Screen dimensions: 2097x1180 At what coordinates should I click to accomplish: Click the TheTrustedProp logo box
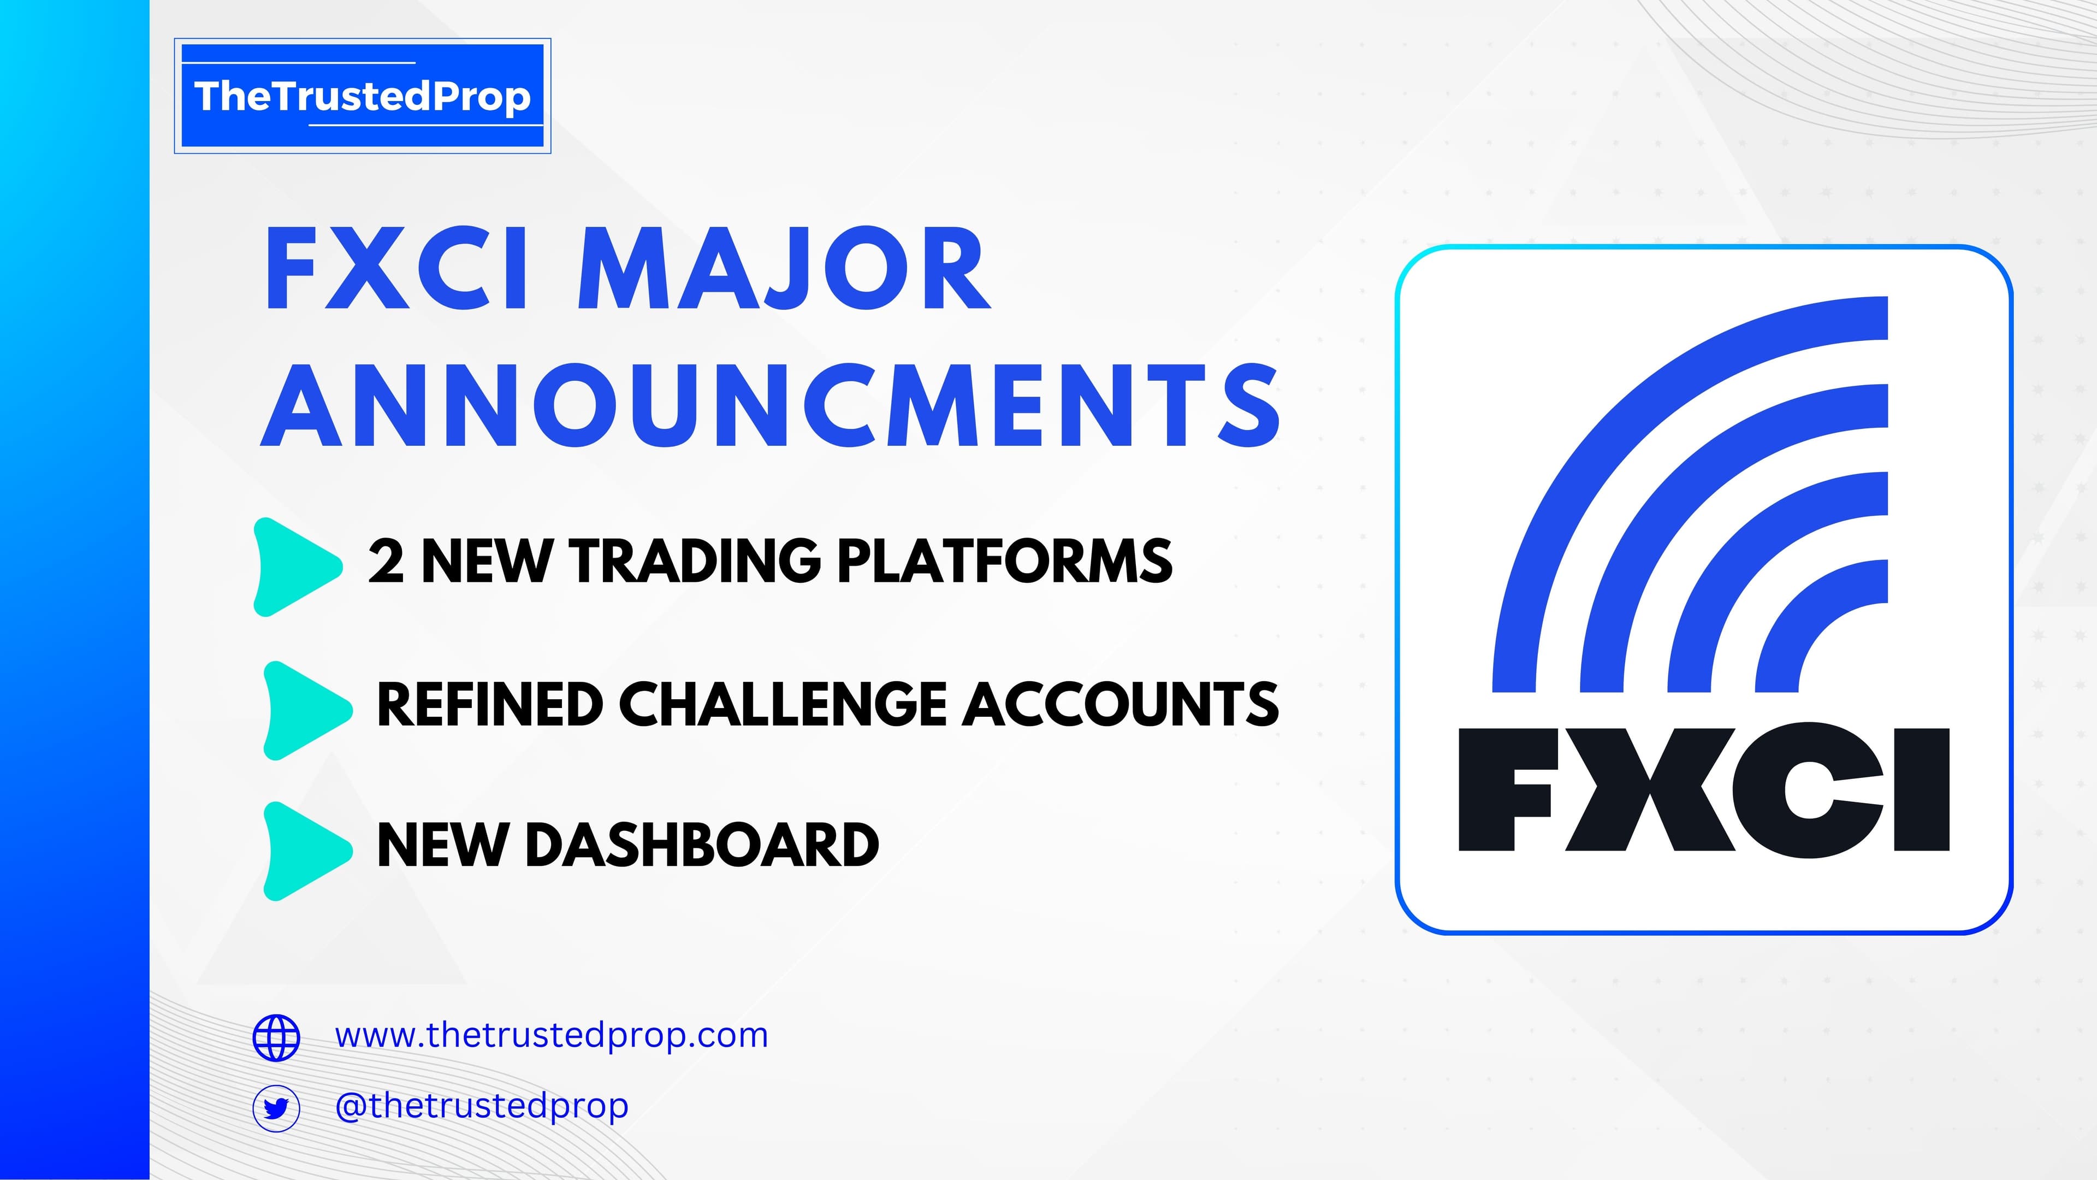tap(362, 96)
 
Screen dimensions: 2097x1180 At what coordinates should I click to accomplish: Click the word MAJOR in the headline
tap(784, 269)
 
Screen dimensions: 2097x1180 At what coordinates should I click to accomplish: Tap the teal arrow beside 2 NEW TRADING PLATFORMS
tap(297, 567)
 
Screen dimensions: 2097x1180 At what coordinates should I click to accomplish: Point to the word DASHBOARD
tap(702, 845)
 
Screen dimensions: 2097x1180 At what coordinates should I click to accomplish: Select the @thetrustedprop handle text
tap(482, 1106)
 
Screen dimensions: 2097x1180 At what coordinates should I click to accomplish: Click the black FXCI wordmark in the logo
tap(1704, 790)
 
